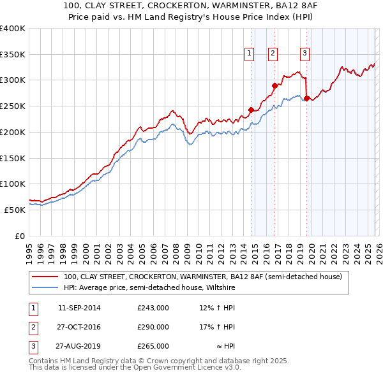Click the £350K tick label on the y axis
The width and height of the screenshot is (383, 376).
(x=13, y=55)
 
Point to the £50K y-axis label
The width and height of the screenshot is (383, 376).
(x=15, y=210)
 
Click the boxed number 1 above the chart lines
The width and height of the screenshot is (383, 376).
(x=248, y=54)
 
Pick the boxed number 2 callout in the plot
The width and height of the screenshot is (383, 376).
(x=273, y=54)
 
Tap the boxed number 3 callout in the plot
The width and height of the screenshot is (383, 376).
(x=304, y=54)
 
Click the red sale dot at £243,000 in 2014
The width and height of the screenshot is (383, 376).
(x=251, y=110)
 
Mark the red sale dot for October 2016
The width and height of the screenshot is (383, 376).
(x=275, y=85)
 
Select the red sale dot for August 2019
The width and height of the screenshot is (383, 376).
(x=307, y=98)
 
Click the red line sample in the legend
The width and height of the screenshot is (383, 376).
(x=45, y=277)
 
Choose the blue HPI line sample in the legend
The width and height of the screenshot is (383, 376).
(x=45, y=288)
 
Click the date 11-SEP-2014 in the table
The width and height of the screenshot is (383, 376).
(x=79, y=308)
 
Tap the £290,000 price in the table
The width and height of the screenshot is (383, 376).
(x=153, y=327)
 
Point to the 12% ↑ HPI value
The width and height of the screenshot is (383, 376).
(x=218, y=308)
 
